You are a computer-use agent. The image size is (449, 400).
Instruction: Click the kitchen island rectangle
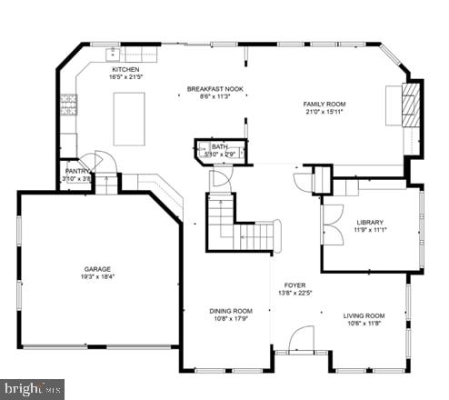(129, 118)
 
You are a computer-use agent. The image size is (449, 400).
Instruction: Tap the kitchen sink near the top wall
(113, 54)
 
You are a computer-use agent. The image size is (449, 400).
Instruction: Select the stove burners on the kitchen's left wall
(66, 105)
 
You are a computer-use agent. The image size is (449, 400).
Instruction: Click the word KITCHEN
(125, 69)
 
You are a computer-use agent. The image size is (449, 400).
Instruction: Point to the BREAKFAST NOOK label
(215, 88)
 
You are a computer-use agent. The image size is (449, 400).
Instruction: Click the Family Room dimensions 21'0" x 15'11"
(324, 114)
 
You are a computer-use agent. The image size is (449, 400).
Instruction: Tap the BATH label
(220, 146)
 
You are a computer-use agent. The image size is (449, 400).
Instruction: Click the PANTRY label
(77, 171)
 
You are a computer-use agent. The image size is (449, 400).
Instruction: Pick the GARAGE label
(97, 269)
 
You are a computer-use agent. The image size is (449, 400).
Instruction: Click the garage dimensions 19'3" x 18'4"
(97, 278)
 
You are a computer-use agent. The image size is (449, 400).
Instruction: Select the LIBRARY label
(370, 222)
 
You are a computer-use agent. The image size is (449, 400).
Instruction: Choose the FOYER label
(294, 284)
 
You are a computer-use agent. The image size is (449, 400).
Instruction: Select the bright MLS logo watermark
(32, 388)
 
